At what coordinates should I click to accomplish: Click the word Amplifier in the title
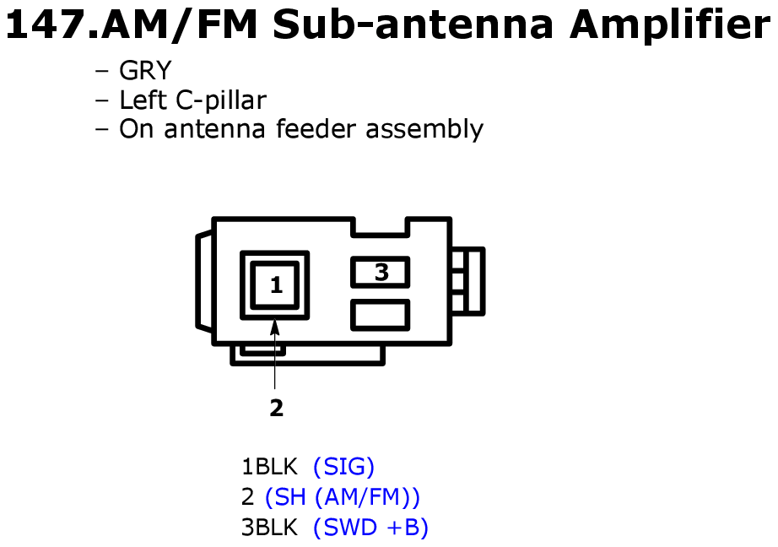669,24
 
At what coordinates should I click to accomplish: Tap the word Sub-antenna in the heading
413,24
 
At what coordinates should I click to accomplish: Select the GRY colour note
145,70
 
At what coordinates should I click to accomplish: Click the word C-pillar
221,100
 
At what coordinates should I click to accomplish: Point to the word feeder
316,129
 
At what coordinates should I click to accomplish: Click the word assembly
424,130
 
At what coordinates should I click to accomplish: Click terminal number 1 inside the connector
277,285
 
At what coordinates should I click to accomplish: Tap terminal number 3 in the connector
381,272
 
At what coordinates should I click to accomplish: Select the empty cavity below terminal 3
380,315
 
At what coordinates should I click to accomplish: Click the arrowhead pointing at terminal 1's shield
274,328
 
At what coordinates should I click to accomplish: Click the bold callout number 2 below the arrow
277,408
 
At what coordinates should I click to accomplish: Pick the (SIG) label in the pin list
343,467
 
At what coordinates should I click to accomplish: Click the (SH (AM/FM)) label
343,497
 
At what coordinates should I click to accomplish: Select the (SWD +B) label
370,527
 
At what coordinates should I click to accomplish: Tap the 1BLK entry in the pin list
269,467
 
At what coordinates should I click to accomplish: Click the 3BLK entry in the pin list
269,527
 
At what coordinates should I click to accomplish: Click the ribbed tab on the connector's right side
467,281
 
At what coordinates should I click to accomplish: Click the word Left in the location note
143,100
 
